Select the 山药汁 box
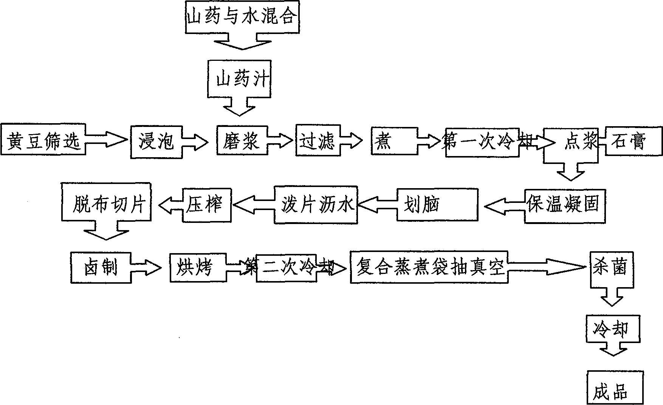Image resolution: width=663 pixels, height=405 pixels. pos(239,79)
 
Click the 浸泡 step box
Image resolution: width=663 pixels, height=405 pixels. pos(156,141)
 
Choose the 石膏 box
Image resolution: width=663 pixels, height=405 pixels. pos(634,141)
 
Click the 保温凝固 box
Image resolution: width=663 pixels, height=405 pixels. pos(565,206)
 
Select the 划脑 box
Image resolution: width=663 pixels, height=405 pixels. pos(437,205)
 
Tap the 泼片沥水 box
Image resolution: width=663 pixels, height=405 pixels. pos(316,205)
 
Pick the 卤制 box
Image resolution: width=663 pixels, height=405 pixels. pos(101,267)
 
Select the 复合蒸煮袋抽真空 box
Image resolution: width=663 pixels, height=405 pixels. pos(429,267)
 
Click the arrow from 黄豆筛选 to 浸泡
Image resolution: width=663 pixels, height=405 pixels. pos(107,141)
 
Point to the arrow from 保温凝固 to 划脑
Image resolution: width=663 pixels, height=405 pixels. pos(504,206)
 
